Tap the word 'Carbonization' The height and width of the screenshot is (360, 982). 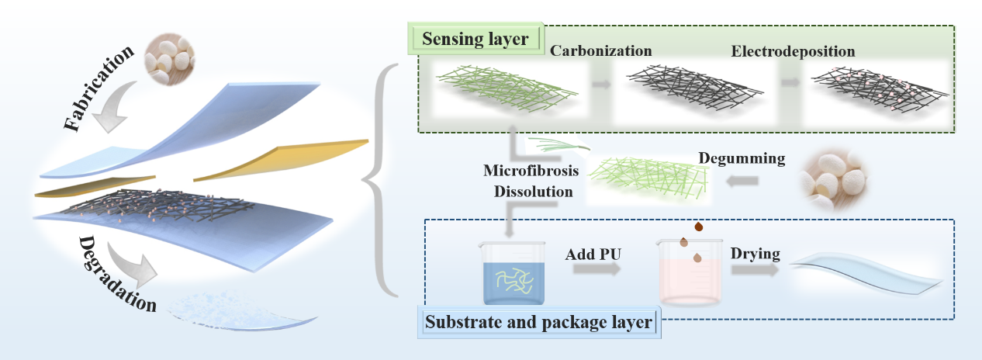(x=600, y=51)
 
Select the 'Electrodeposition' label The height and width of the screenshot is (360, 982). (x=793, y=51)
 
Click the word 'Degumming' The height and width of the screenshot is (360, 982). (x=742, y=159)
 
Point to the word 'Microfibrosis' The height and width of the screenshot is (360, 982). (x=529, y=170)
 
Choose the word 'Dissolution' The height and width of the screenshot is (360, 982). (x=528, y=189)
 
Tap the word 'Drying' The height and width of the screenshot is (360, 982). (x=756, y=254)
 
